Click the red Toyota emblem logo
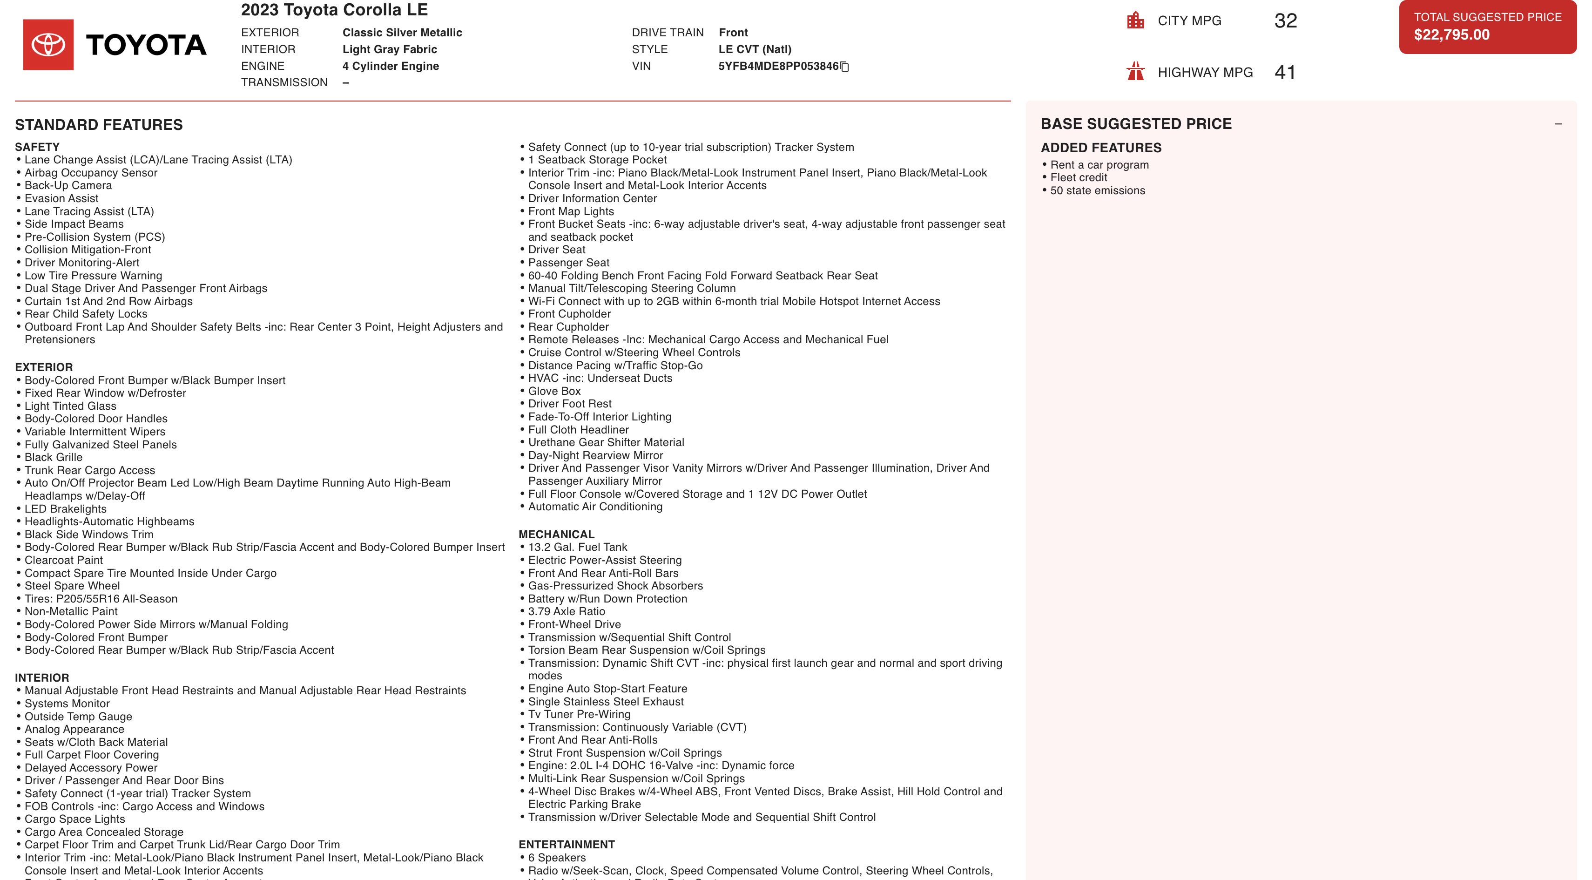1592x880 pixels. (x=48, y=45)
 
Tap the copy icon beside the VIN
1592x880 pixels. (x=845, y=67)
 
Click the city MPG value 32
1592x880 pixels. (x=1285, y=21)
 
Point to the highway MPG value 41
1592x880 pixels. (x=1285, y=72)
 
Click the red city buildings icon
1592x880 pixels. (x=1135, y=20)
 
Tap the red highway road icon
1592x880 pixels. (x=1135, y=72)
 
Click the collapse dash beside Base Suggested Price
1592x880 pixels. (x=1558, y=124)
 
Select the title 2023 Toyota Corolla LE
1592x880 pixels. (x=334, y=10)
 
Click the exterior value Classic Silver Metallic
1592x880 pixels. (x=402, y=33)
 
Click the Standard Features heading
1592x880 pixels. (x=99, y=125)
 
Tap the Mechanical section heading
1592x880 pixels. (x=556, y=535)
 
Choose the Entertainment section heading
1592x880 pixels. (x=566, y=845)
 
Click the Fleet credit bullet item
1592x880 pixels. (x=1079, y=178)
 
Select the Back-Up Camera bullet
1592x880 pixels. (x=68, y=185)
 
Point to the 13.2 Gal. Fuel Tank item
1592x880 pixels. (x=577, y=548)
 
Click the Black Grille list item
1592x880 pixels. (x=53, y=457)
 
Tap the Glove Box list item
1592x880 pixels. (x=554, y=391)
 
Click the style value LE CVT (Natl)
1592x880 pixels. (x=755, y=49)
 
